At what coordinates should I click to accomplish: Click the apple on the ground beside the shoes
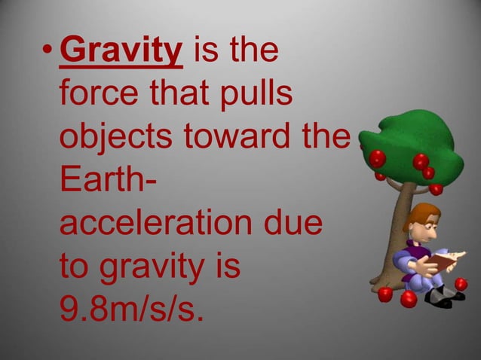click(x=461, y=284)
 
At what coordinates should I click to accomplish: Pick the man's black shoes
click(x=441, y=296)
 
